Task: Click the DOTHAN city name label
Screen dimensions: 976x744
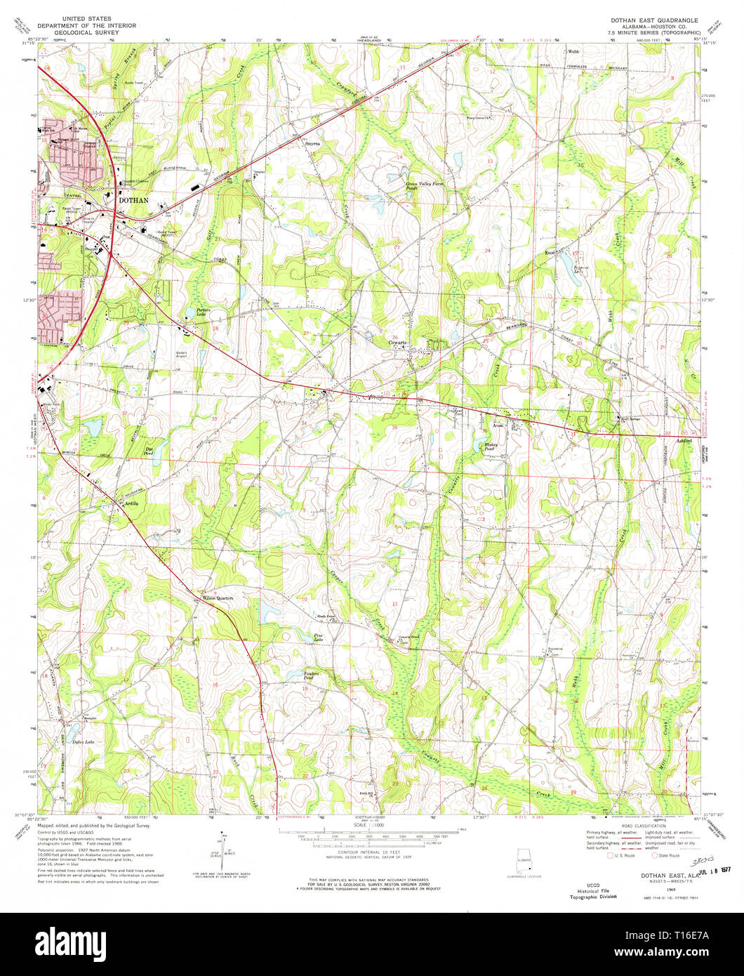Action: click(x=133, y=200)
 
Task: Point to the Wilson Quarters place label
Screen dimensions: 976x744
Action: click(x=217, y=598)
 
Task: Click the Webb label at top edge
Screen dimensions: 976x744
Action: click(x=573, y=51)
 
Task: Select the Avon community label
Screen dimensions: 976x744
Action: click(x=498, y=426)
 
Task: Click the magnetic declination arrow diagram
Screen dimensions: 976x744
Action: click(x=218, y=848)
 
